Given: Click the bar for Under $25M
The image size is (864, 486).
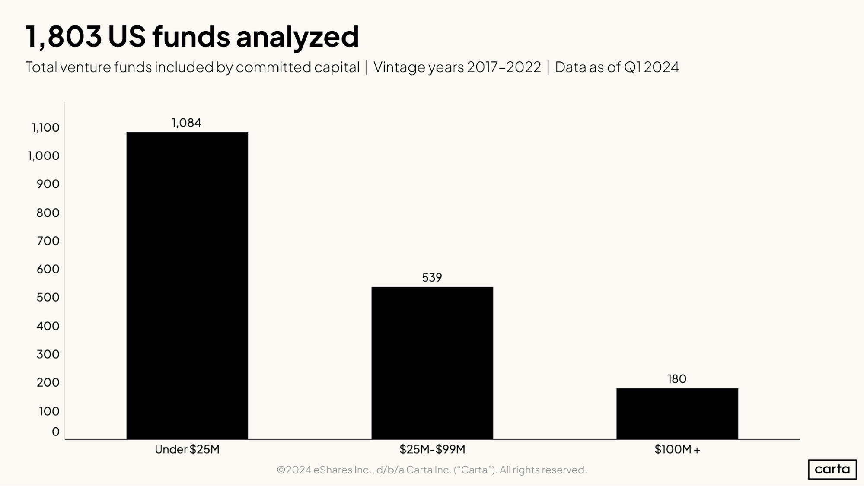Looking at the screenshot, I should [x=187, y=285].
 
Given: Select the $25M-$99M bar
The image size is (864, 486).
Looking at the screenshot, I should [x=432, y=363].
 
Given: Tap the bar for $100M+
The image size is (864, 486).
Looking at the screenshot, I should [x=677, y=413].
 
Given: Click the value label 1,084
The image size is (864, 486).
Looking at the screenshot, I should [x=186, y=123].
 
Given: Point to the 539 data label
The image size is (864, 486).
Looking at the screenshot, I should [x=432, y=278].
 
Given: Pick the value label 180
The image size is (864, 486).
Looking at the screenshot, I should [x=677, y=379].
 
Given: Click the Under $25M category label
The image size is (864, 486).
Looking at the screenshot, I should [x=187, y=450].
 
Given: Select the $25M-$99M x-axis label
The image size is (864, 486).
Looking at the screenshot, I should [x=432, y=450].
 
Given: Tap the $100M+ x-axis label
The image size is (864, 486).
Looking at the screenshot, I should [x=677, y=450].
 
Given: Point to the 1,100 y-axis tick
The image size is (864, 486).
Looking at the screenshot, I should [x=45, y=128].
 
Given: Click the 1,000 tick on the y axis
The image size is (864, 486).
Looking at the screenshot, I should [x=44, y=156].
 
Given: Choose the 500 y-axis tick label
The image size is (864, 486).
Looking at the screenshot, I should [x=48, y=298].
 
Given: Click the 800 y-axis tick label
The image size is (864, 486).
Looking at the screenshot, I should [x=48, y=213].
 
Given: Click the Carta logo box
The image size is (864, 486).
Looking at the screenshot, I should [x=832, y=469].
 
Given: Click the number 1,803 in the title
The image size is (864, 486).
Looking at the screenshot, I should [x=64, y=36].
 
